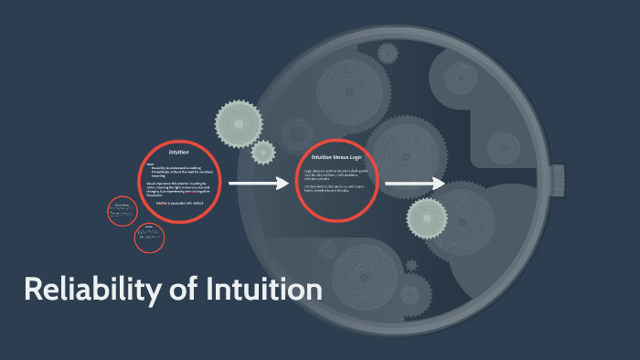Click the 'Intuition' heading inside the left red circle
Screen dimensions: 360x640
click(x=178, y=152)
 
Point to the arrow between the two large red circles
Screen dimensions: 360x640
click(x=258, y=185)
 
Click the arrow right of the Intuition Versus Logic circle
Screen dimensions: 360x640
click(x=414, y=185)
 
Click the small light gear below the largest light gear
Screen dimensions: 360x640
click(x=263, y=153)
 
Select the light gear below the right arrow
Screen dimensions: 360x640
click(x=427, y=218)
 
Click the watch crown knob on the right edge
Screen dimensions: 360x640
click(x=632, y=183)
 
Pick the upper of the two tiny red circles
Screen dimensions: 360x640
click(x=122, y=211)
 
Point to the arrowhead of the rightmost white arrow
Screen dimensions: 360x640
click(x=438, y=185)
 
